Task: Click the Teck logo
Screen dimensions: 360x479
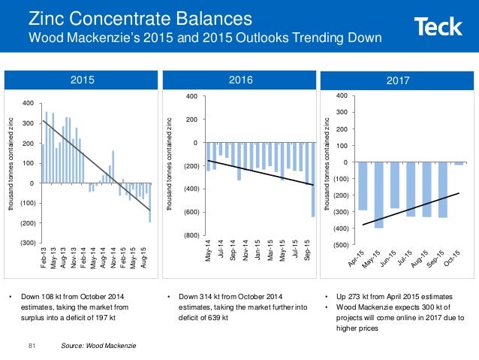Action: point(438,28)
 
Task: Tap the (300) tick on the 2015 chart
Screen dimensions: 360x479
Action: point(25,244)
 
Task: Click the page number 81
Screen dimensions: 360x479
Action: point(32,346)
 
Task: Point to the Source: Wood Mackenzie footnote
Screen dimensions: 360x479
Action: point(93,346)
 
